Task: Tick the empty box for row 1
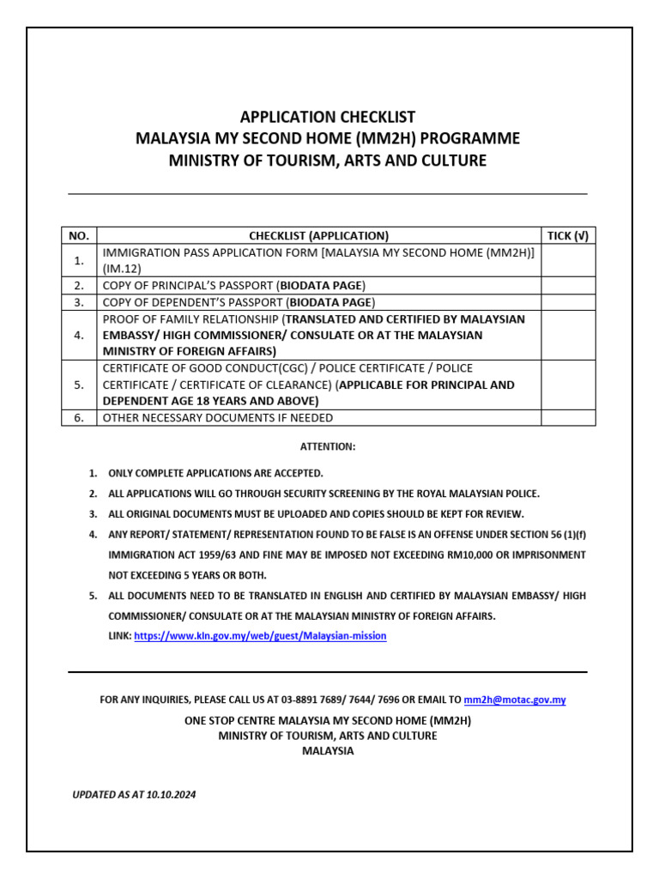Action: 568,260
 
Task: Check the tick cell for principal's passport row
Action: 568,285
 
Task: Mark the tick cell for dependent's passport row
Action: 568,302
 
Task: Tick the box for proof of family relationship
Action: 568,335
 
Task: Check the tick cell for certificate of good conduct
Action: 568,385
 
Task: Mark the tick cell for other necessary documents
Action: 568,418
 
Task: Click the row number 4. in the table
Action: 79,335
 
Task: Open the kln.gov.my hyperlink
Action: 260,636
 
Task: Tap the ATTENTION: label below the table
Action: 327,446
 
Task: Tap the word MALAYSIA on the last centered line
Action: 328,751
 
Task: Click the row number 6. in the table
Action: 79,418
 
